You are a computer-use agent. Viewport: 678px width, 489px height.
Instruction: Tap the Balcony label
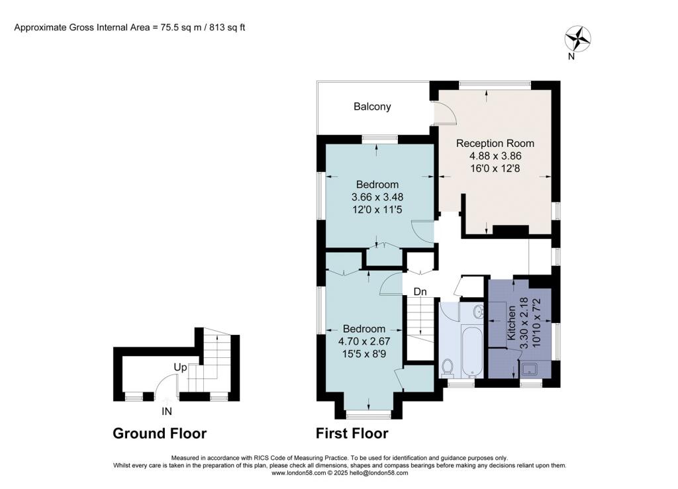click(372, 107)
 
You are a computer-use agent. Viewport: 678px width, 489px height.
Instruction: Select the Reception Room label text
click(495, 144)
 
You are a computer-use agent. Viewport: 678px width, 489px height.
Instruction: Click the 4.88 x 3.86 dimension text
click(495, 157)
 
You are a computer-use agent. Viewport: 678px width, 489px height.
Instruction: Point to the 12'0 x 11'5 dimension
click(377, 209)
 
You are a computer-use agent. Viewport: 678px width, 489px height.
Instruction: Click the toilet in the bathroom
click(447, 367)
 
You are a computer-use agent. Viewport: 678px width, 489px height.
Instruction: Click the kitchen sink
click(530, 369)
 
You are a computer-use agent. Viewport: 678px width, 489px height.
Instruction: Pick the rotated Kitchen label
click(511, 323)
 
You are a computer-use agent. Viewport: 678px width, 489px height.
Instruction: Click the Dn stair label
click(419, 291)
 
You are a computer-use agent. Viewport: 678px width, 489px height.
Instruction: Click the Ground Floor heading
click(160, 434)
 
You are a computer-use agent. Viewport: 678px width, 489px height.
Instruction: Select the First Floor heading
click(352, 434)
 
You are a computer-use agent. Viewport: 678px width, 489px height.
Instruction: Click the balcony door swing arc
click(445, 115)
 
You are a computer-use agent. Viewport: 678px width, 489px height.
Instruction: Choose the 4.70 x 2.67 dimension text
click(363, 342)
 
